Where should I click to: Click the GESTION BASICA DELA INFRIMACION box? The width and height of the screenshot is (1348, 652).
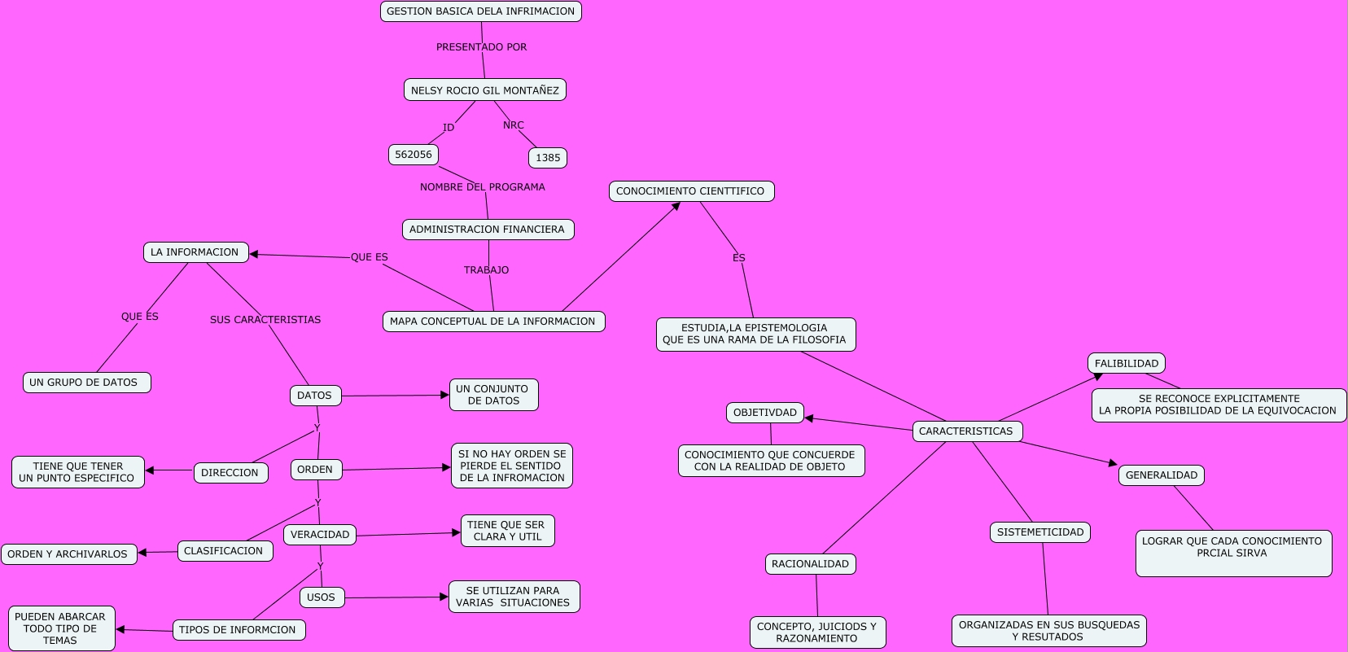click(480, 11)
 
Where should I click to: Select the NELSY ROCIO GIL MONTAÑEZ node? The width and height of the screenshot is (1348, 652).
click(484, 90)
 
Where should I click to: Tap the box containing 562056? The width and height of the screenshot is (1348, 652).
click(414, 155)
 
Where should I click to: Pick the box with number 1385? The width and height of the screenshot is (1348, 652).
click(548, 158)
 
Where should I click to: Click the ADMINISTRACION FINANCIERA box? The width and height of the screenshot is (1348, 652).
click(488, 230)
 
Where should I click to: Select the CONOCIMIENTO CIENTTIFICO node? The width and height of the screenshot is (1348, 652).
click(691, 191)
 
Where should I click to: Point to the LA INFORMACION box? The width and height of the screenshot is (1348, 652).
click(195, 252)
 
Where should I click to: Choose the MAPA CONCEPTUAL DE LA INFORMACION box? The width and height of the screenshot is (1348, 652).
click(493, 322)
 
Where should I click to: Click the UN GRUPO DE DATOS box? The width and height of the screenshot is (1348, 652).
click(86, 383)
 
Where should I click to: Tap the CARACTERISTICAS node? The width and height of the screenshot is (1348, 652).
click(966, 431)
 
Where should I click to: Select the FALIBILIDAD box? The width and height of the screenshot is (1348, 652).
click(1126, 364)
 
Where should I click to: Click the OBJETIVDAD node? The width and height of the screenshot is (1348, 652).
click(764, 413)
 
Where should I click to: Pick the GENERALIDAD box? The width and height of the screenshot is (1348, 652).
click(1161, 475)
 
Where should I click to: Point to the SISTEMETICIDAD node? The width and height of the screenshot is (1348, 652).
click(1039, 532)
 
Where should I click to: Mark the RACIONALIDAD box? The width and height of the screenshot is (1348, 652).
click(810, 564)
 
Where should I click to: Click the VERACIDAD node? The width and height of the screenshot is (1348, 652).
click(320, 535)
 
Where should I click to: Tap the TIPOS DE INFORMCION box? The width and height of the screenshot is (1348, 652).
click(239, 630)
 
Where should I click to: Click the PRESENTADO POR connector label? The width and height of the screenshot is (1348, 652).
click(481, 47)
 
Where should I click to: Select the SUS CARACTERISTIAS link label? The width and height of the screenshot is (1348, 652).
click(265, 320)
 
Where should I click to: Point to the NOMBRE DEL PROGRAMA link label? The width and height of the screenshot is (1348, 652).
click(483, 187)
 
